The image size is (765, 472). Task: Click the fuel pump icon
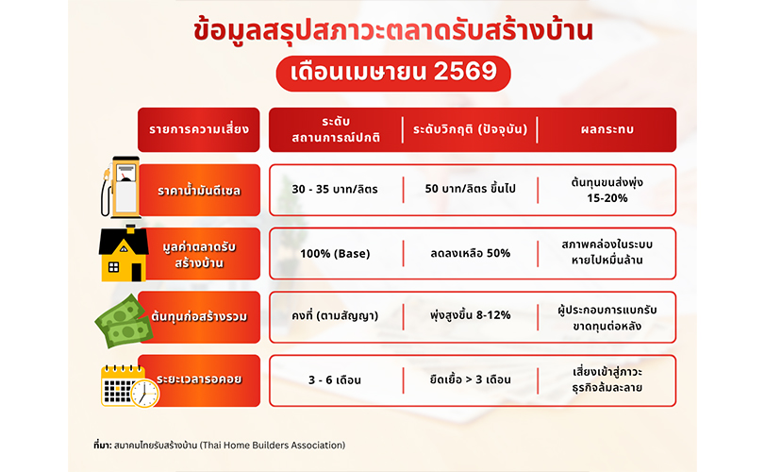121,188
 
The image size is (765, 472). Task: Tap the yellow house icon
124,253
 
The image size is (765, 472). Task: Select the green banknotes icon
124,321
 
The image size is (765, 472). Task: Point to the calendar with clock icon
130,386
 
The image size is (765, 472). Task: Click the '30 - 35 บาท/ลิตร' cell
335,190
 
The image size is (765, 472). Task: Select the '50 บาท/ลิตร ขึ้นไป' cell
470,189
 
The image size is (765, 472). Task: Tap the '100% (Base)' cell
335,254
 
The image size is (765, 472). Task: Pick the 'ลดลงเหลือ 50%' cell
470,253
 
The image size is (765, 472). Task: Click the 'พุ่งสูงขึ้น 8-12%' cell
470,315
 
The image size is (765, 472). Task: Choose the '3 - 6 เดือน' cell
335,379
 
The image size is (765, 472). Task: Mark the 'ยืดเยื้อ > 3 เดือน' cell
470,379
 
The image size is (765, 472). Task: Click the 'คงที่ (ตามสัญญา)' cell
335,316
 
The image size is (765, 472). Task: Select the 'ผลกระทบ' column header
607,129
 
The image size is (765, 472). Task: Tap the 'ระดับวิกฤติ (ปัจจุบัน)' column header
470,129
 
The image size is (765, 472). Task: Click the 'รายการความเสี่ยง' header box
199,129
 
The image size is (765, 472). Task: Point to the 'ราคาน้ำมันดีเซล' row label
199,191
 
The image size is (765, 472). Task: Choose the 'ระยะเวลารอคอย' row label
199,380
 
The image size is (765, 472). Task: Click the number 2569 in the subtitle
465,72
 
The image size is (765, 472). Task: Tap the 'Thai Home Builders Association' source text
273,446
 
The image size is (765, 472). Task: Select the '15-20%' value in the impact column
607,198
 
